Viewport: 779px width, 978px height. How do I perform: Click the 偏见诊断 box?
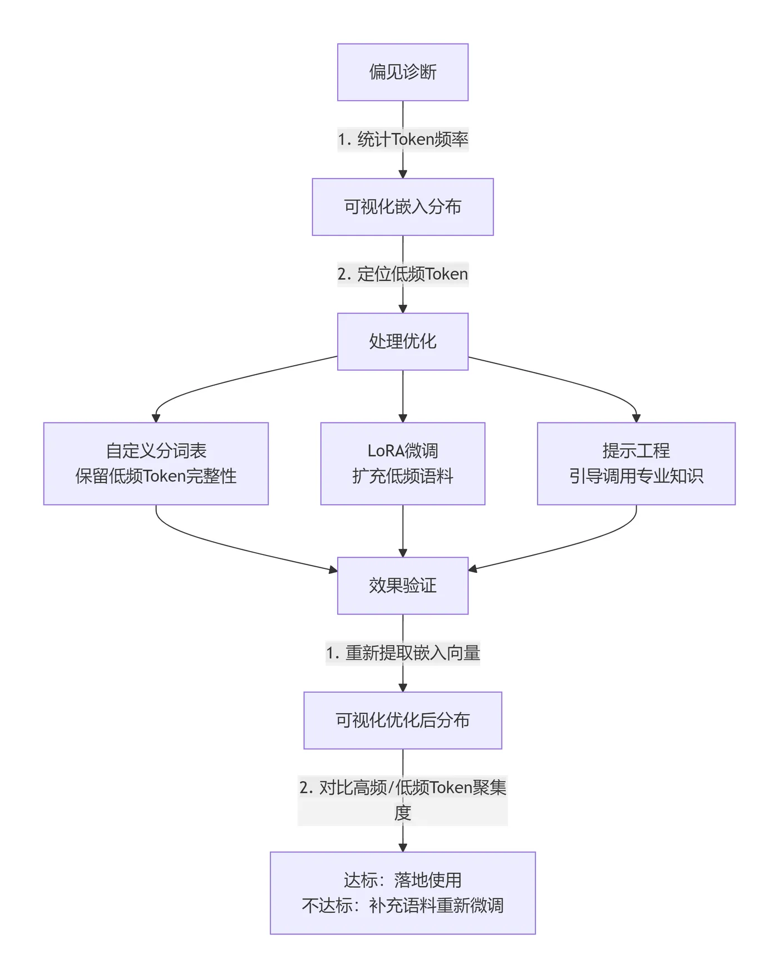(x=402, y=72)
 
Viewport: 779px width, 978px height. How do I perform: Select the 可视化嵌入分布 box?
(x=402, y=207)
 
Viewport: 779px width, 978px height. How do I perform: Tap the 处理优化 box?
(x=402, y=341)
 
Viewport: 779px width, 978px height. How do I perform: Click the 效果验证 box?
(x=402, y=586)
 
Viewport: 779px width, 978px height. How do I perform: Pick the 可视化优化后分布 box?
(x=402, y=720)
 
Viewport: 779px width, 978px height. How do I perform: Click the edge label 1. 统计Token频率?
(x=402, y=139)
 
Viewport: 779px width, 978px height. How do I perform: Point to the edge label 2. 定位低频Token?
(x=402, y=274)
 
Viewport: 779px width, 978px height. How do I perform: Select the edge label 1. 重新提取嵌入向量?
(x=402, y=652)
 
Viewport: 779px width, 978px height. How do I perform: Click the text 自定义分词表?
(x=156, y=451)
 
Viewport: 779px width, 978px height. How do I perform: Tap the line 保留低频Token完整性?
(x=156, y=476)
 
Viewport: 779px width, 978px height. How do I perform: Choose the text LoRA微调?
(x=402, y=451)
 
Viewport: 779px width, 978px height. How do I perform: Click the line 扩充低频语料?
(x=402, y=476)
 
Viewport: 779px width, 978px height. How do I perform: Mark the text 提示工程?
(x=636, y=451)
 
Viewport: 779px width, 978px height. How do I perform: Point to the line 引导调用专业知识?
(x=636, y=476)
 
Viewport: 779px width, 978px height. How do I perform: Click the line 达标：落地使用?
(x=402, y=880)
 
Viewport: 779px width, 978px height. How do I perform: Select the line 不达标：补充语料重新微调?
(x=402, y=906)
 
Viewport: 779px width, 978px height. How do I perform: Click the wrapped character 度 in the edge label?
(x=402, y=813)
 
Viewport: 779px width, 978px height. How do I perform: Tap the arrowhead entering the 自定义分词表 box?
(x=156, y=418)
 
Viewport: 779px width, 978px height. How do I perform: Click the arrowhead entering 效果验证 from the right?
(x=473, y=569)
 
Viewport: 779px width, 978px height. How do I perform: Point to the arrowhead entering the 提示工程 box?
(x=636, y=418)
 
